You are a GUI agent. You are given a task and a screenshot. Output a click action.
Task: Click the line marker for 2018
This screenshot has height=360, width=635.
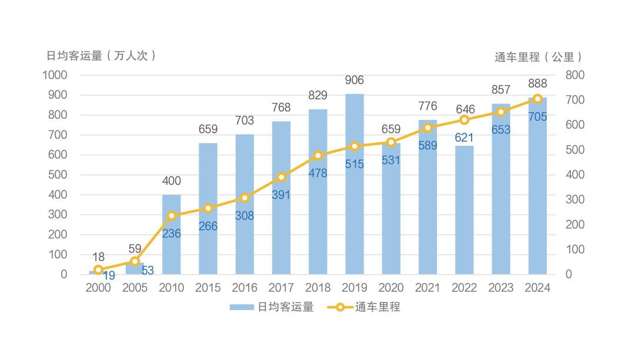[318, 155]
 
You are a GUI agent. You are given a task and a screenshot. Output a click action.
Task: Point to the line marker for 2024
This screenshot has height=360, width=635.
[537, 99]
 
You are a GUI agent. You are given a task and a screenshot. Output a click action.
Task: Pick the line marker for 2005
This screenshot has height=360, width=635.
[135, 261]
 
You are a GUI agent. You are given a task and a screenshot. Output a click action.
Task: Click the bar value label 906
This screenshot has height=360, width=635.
[355, 81]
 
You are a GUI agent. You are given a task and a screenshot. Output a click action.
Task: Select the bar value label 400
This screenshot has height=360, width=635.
[172, 181]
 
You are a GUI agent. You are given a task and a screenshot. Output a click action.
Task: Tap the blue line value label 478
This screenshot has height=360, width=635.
[318, 174]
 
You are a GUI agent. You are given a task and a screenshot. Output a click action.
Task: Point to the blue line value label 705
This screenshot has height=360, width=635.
[537, 117]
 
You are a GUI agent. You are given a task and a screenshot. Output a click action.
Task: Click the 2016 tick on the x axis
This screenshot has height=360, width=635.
[245, 288]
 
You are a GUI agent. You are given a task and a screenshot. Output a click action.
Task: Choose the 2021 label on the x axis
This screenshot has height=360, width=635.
[427, 288]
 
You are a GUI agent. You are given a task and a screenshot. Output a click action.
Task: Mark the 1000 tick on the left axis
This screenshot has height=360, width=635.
[55, 75]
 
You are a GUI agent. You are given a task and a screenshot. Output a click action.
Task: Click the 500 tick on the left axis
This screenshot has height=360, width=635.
[58, 175]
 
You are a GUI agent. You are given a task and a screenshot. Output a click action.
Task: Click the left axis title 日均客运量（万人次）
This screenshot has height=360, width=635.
[102, 56]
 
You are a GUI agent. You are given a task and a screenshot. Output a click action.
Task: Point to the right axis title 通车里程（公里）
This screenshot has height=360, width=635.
[539, 57]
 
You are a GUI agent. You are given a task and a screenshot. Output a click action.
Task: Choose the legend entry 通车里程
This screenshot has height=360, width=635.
[365, 307]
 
